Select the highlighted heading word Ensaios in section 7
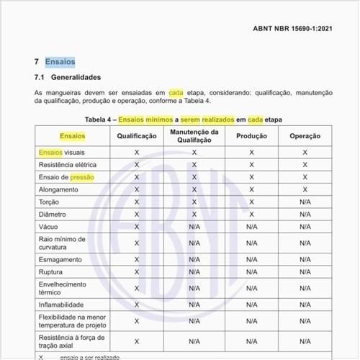[60, 62]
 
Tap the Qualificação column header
[137, 136]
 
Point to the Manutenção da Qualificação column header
[194, 136]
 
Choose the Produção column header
[251, 136]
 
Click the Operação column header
[305, 136]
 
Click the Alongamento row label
[59, 189]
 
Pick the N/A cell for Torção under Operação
[305, 202]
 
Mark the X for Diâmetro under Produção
[251, 215]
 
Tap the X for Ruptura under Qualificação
[137, 272]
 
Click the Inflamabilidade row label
[61, 305]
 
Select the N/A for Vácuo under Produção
[251, 227]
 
